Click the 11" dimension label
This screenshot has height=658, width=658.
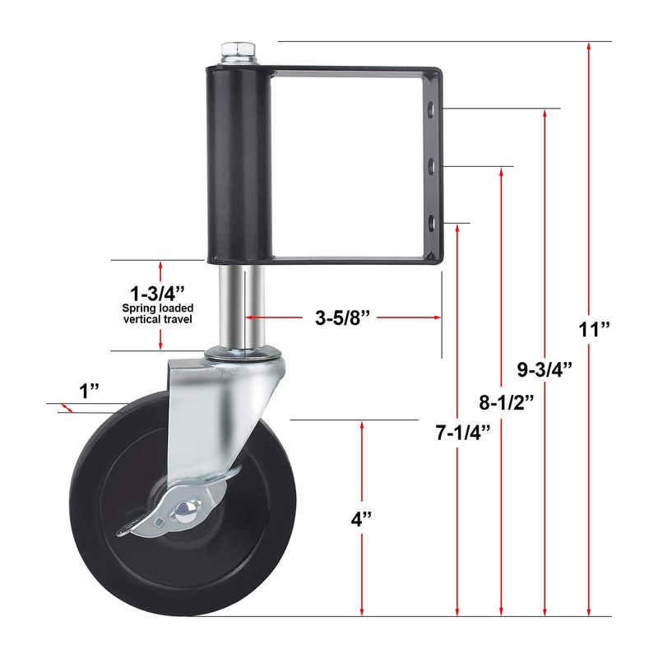(594, 331)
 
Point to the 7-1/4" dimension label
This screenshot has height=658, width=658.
(462, 431)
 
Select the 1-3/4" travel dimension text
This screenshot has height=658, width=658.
(157, 292)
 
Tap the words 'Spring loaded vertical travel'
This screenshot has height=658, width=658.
(157, 313)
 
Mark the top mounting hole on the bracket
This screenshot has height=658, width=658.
(430, 109)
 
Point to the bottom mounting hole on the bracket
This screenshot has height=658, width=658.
(430, 220)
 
